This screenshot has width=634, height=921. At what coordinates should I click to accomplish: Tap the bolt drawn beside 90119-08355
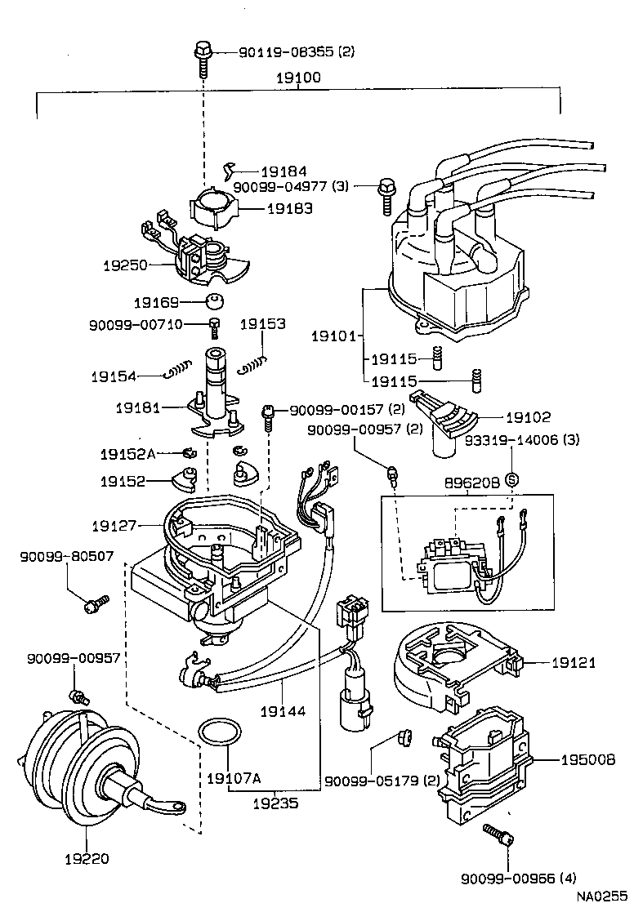(x=202, y=56)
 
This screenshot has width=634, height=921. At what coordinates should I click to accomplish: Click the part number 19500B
(x=587, y=759)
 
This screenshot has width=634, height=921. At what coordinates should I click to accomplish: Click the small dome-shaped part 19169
(x=214, y=300)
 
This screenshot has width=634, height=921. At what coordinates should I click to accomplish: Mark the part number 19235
(x=274, y=803)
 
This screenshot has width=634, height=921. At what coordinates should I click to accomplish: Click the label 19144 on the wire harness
(x=283, y=712)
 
